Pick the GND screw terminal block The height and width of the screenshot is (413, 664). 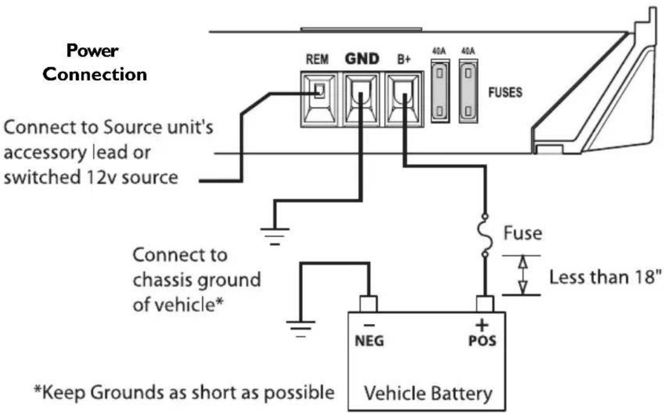(x=361, y=98)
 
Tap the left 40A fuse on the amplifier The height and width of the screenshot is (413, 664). (x=439, y=92)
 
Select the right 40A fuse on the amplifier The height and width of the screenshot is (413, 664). (x=468, y=92)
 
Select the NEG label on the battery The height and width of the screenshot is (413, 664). (x=369, y=342)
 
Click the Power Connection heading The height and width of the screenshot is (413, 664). (x=96, y=62)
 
